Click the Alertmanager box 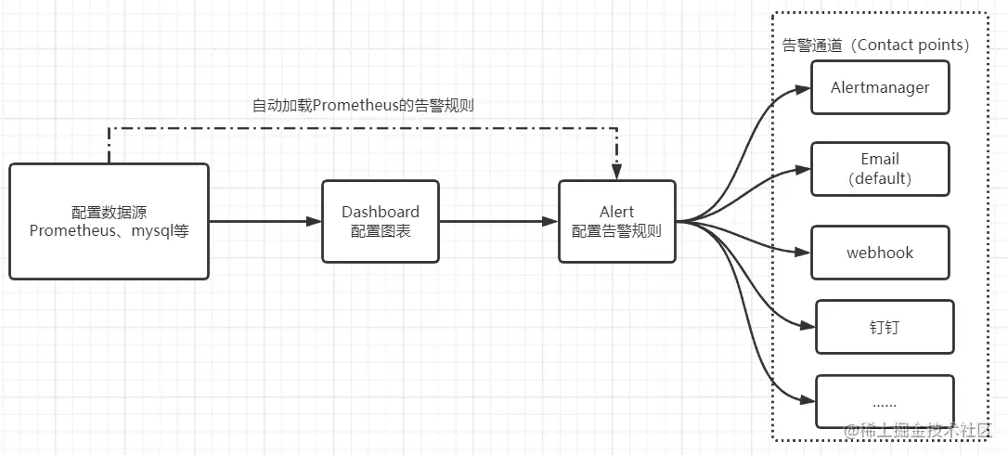tap(880, 87)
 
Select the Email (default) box tap(880, 168)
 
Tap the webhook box tap(880, 252)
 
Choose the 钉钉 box tap(884, 327)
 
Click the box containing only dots tap(884, 402)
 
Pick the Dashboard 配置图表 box tap(381, 221)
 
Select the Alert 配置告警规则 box tap(616, 221)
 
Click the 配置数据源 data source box tap(109, 221)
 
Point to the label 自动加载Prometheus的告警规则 tap(363, 105)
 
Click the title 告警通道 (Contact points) tap(875, 45)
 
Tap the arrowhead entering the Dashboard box tap(314, 222)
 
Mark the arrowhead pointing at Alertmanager tap(803, 89)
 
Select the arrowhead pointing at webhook tap(803, 253)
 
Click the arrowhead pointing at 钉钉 tap(808, 326)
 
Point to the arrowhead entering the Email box tap(803, 169)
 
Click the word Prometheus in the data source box tap(71, 230)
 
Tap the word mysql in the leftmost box tap(149, 230)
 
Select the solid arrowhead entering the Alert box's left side tap(550, 222)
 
